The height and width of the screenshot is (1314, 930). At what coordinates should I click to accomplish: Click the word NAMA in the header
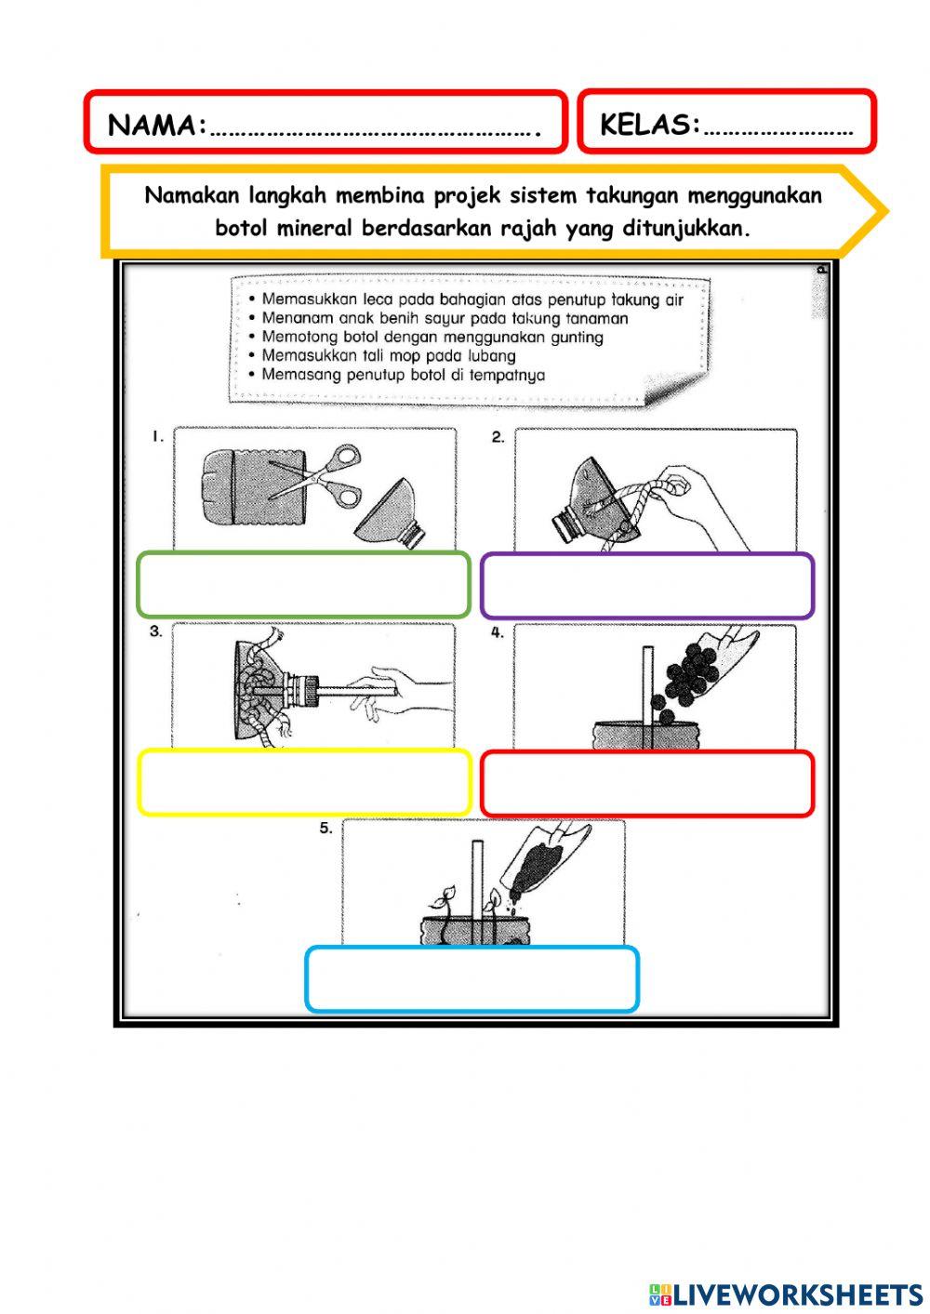(154, 126)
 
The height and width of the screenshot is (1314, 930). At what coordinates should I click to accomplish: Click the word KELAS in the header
(648, 124)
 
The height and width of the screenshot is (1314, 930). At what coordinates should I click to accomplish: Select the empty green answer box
(303, 585)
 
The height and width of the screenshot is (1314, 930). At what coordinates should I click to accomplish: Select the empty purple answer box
(647, 586)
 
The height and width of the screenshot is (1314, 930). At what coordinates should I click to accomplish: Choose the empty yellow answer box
(304, 782)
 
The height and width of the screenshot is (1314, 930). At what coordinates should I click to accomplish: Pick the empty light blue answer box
(472, 979)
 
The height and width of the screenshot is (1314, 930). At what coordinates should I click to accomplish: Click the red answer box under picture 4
(647, 783)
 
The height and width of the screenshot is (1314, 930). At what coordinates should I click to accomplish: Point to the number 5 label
(325, 828)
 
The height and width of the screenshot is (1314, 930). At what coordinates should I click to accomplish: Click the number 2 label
(498, 437)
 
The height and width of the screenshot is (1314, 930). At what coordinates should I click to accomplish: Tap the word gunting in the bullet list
(577, 338)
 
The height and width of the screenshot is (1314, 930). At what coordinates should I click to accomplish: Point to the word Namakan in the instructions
(193, 196)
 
